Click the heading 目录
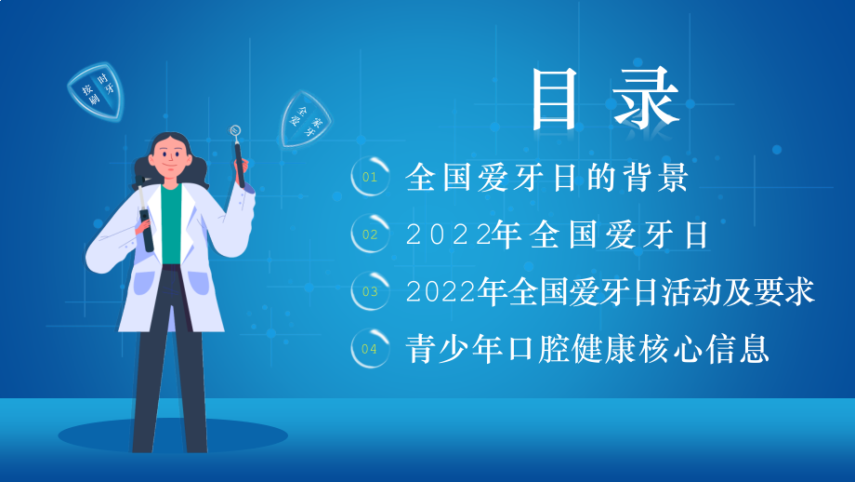pyautogui.click(x=605, y=100)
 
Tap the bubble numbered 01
pyautogui.click(x=370, y=177)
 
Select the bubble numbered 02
pyautogui.click(x=370, y=234)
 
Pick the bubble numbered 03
pyautogui.click(x=370, y=291)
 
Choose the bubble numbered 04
pyautogui.click(x=370, y=349)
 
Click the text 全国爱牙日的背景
pyautogui.click(x=546, y=177)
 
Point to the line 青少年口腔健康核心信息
pyautogui.click(x=587, y=350)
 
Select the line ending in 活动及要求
pyautogui.click(x=611, y=292)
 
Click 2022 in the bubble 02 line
pyautogui.click(x=448, y=235)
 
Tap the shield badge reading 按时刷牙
pyautogui.click(x=97, y=90)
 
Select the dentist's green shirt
pyautogui.click(x=169, y=223)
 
